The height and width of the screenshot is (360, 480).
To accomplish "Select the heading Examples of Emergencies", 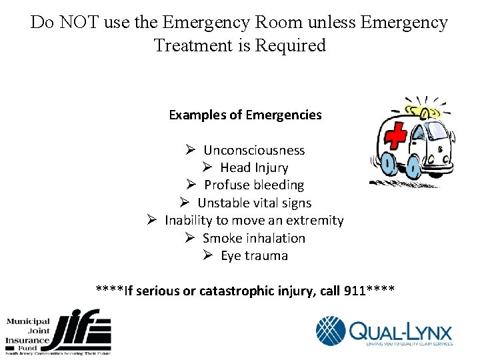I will (x=245, y=115).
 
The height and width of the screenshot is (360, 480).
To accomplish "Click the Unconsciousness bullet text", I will (x=254, y=150).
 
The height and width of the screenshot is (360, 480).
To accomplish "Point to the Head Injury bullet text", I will (x=254, y=167).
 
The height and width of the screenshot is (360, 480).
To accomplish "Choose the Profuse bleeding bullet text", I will (x=254, y=185).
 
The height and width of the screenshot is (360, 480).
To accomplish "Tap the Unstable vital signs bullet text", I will (x=254, y=203).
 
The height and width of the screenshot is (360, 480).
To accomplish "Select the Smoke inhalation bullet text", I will (x=254, y=238).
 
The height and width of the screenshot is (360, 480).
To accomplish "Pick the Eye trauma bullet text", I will (x=254, y=255).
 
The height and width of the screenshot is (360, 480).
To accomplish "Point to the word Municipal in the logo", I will (x=28, y=322).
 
